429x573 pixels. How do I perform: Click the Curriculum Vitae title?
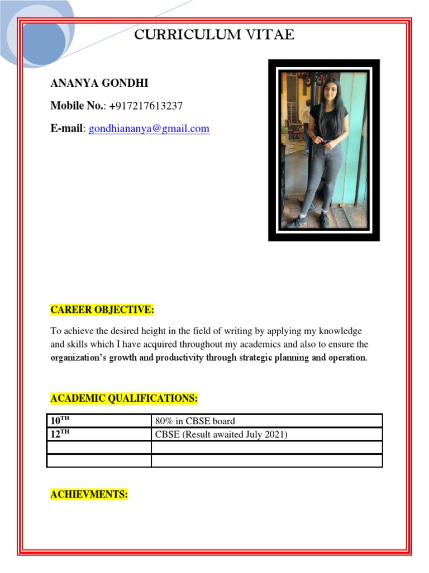[214, 35]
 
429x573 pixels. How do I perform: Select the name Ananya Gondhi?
[99, 84]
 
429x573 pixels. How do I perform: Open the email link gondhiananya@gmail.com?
[149, 129]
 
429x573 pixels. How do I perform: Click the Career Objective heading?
[102, 310]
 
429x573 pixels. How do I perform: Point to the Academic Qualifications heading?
[124, 398]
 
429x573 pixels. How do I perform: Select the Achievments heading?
[89, 495]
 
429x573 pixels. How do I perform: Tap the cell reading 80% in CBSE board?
[195, 421]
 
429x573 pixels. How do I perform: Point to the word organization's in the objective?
[75, 358]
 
